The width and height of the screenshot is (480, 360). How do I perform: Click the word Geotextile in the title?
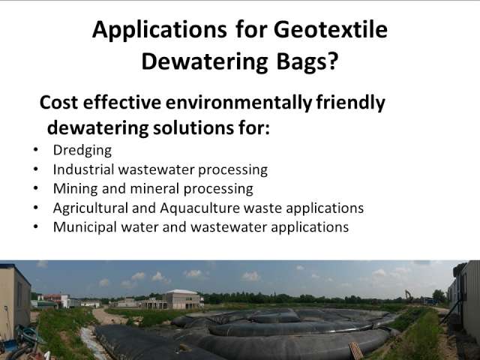click(x=331, y=30)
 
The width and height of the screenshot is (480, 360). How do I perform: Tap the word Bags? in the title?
click(x=307, y=61)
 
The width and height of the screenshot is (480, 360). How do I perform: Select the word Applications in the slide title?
click(x=160, y=31)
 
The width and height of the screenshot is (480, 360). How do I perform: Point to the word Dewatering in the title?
click(x=205, y=61)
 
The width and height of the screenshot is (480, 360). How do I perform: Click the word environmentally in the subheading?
click(x=238, y=103)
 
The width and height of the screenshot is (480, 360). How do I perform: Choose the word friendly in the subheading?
click(x=350, y=103)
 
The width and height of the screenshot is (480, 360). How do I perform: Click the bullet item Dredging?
click(x=82, y=151)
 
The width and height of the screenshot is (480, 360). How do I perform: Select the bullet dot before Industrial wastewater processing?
click(x=36, y=169)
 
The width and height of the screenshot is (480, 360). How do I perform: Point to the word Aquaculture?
click(x=199, y=208)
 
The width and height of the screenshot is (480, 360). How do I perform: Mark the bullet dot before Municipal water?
click(x=36, y=226)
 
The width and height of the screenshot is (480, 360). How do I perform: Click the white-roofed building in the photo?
click(x=183, y=298)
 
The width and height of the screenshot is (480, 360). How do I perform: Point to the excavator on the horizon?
click(x=409, y=295)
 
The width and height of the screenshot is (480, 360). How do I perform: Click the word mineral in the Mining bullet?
click(x=154, y=189)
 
